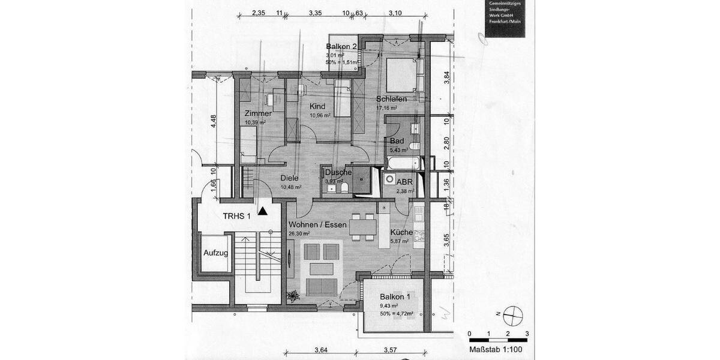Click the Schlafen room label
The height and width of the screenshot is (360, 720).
[392, 99]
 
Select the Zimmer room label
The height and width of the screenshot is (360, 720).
[257, 113]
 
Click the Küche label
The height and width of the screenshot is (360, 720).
[400, 233]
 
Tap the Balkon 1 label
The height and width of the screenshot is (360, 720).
[395, 297]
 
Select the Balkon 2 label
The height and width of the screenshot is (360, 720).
[341, 47]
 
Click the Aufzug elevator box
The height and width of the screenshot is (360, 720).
[215, 254]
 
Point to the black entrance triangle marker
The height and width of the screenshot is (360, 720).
[263, 211]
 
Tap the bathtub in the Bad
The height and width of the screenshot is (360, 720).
[403, 163]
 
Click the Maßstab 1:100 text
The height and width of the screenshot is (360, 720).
[495, 349]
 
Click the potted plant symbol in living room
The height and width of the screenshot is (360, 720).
[293, 295]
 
